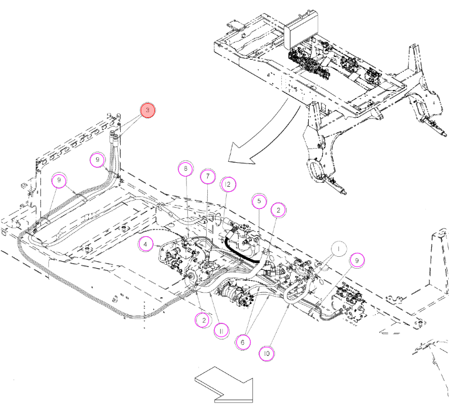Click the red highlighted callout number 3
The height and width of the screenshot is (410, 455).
tap(147, 110)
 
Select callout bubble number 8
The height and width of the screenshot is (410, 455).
tap(186, 169)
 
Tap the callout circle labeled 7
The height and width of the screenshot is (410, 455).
tap(208, 176)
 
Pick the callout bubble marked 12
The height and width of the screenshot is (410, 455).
tap(228, 184)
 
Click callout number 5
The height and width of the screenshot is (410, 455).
tap(259, 201)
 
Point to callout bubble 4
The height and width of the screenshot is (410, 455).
tap(146, 244)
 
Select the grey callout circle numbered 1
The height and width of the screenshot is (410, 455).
tap(339, 249)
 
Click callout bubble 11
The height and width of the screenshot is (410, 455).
tap(221, 331)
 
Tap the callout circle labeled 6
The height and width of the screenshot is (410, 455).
tap(243, 342)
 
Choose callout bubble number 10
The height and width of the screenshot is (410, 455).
tap(267, 354)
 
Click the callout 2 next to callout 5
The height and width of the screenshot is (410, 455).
tap(278, 210)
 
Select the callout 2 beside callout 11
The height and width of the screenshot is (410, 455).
tap(204, 321)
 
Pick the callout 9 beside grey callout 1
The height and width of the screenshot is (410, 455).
tap(357, 260)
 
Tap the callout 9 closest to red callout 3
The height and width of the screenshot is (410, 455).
tap(97, 159)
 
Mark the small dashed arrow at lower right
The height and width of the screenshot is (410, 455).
tap(390, 331)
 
